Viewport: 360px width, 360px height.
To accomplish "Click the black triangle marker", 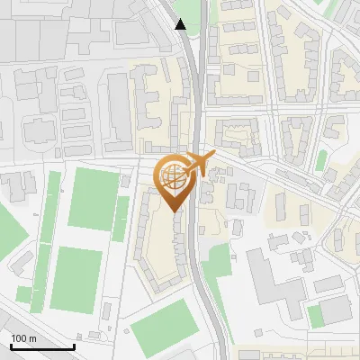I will click(181, 24).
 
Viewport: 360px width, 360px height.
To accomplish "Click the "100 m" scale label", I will click(24, 338).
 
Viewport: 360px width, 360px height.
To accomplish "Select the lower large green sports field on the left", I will click(76, 279).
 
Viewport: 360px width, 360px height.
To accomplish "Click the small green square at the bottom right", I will click(314, 316).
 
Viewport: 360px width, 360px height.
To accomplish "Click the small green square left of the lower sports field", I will click(23, 294).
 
